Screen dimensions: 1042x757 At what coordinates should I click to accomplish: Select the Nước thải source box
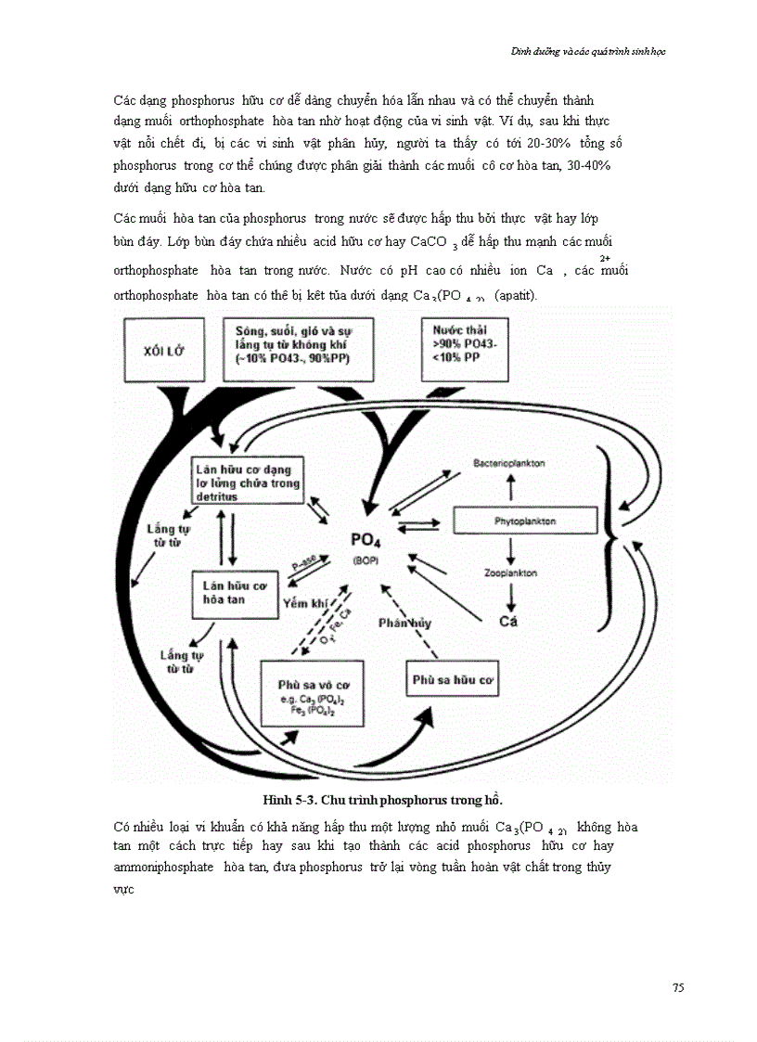[x=465, y=348]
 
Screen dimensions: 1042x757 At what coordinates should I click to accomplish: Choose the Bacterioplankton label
[x=508, y=461]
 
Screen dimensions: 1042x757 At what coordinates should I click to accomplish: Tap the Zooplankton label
[x=510, y=573]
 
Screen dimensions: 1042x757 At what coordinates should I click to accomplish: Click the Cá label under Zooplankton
[x=508, y=621]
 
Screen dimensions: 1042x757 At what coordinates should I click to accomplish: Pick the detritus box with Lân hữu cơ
[x=246, y=483]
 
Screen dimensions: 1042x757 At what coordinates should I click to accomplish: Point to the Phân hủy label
[x=404, y=623]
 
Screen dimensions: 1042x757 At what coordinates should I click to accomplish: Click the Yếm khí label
[x=305, y=603]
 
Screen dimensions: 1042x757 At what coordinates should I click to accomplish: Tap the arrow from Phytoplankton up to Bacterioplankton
[x=509, y=488]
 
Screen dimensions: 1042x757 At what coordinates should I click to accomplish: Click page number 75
[x=678, y=987]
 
